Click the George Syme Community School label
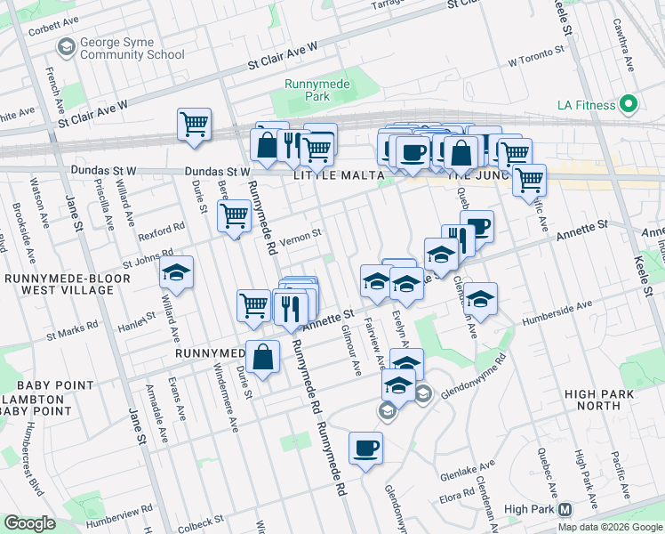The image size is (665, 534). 131,48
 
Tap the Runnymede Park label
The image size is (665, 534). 308,90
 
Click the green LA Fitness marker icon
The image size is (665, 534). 629,104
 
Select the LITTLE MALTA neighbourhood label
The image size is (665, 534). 334,176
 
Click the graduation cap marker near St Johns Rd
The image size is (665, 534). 177,272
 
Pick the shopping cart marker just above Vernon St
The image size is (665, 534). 235,215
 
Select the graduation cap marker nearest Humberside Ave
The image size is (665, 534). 480,299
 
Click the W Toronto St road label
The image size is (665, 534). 537,63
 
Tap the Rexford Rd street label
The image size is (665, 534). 161,231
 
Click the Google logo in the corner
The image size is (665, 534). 30,523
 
